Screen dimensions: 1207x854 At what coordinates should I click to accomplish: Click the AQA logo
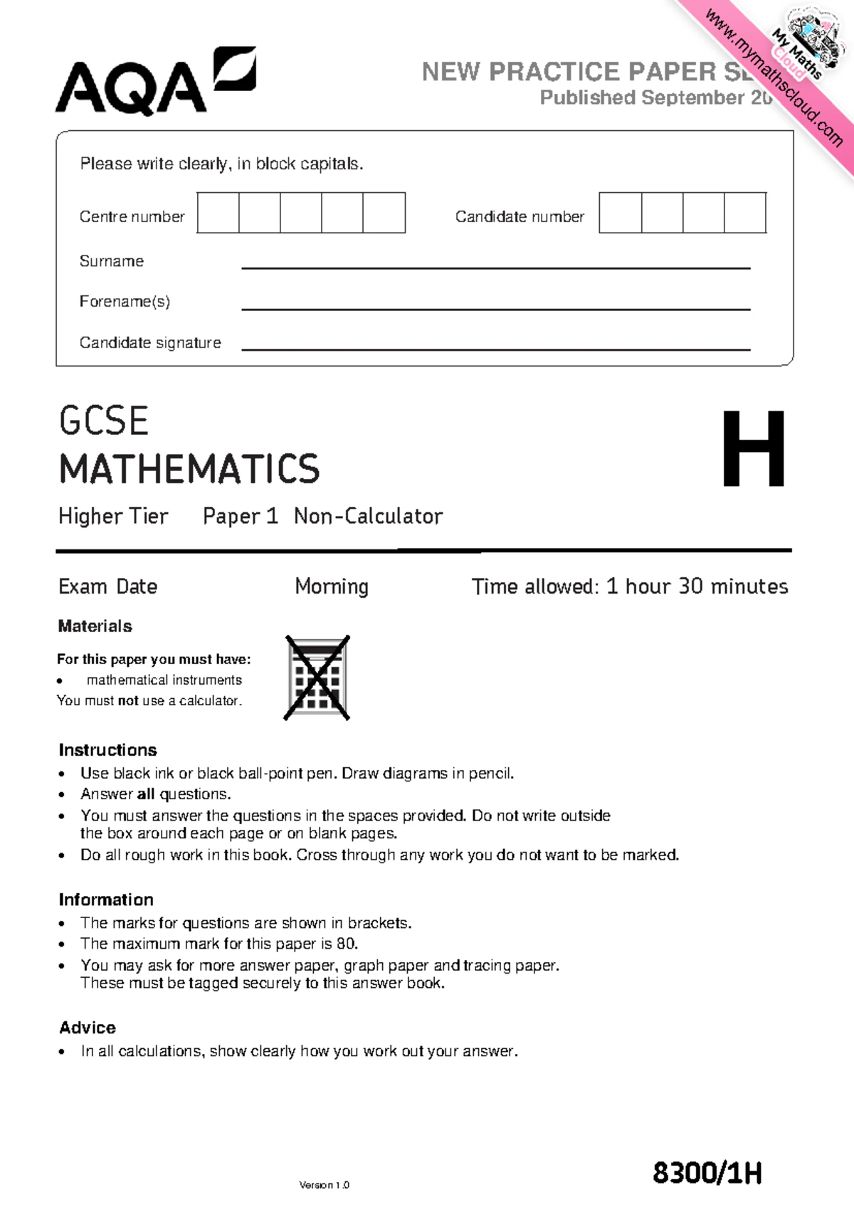(x=155, y=82)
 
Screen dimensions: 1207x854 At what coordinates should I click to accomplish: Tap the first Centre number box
(x=218, y=213)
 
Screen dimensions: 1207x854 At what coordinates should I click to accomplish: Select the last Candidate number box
(x=745, y=213)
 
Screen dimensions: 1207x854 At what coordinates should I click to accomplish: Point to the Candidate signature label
(x=150, y=343)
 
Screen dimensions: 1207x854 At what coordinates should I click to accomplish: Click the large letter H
(x=754, y=450)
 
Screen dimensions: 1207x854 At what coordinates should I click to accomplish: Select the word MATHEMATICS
(x=189, y=469)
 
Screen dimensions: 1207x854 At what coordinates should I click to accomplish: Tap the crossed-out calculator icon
(x=317, y=678)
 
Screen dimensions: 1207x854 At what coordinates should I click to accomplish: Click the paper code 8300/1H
(x=707, y=1173)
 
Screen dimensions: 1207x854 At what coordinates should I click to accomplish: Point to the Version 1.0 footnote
(x=324, y=1185)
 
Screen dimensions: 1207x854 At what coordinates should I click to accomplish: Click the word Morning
(x=332, y=586)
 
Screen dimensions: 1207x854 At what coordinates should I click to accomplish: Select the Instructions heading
(x=107, y=750)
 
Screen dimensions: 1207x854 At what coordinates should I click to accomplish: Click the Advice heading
(x=87, y=1028)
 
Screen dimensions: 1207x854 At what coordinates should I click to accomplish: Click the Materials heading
(x=95, y=626)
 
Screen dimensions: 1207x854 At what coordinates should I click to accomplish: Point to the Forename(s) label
(x=125, y=302)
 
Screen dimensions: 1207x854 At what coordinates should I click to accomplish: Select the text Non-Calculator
(x=368, y=516)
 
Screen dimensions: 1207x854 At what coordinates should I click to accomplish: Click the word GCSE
(x=104, y=421)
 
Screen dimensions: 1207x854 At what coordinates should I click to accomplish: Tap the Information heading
(x=106, y=900)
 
